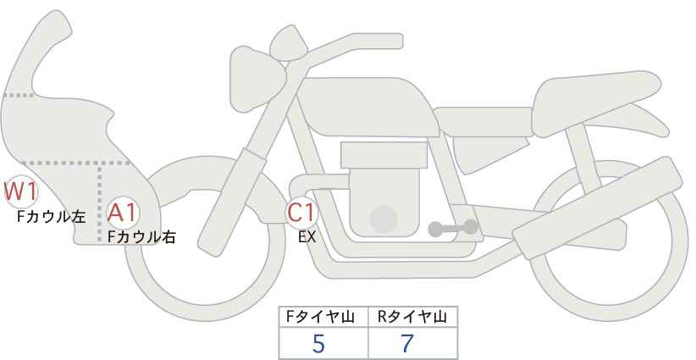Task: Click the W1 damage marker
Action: point(20,191)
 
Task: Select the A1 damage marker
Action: point(123,213)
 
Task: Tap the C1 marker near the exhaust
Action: point(301,212)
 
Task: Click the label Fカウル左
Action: point(51,217)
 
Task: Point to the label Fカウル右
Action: point(141,237)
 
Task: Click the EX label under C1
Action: point(307,237)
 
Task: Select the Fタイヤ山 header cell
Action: point(323,317)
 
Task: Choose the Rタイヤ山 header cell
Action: point(413,317)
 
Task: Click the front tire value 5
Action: point(318,343)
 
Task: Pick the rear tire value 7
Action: point(407,343)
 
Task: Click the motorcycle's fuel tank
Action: point(368,107)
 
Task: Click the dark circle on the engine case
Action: point(384,219)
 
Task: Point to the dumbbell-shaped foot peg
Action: point(453,228)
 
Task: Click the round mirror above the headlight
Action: point(289,42)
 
